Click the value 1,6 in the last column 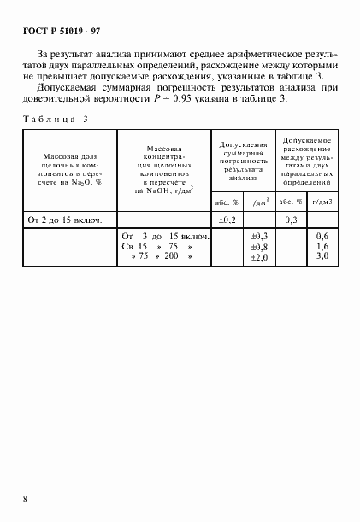322,246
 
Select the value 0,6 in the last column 322,236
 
